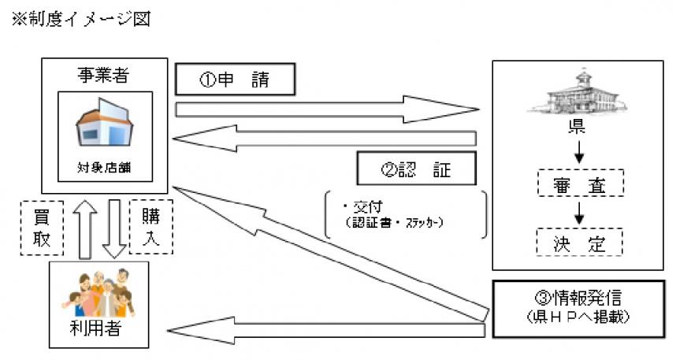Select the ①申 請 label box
click(x=234, y=79)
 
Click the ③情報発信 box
click(x=578, y=307)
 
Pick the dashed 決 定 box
click(x=579, y=243)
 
